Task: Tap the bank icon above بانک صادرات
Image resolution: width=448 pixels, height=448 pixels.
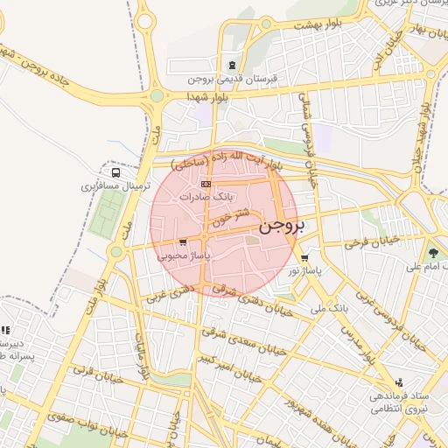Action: tap(206, 184)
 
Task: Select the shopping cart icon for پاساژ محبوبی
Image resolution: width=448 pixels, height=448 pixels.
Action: tap(182, 242)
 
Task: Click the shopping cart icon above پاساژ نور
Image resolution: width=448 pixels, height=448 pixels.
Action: tap(304, 258)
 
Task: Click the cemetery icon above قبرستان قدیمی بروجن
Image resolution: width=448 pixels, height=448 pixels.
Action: tap(231, 65)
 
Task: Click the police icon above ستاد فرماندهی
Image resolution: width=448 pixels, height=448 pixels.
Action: tap(399, 382)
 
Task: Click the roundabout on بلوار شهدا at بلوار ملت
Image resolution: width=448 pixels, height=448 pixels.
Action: tap(157, 95)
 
